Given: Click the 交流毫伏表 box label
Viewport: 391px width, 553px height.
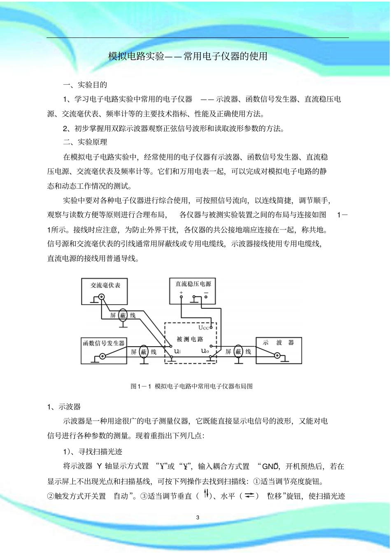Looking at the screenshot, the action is point(105,285).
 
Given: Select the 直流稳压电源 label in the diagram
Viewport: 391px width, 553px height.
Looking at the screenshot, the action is point(193,284).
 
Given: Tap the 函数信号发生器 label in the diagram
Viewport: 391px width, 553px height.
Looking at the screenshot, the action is point(104,343).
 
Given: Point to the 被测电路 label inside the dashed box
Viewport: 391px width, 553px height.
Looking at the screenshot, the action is point(190,339).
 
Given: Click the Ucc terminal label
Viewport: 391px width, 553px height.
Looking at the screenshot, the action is point(204,328).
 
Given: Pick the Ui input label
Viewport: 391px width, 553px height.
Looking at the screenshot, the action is point(177,351).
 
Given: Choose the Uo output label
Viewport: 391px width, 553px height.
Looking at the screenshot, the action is point(205,351).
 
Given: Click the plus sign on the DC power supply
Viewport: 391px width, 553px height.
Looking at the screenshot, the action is point(181,292).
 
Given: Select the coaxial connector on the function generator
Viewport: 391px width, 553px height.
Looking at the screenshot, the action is point(102,356).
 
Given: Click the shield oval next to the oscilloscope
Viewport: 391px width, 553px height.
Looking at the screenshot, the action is point(238,352).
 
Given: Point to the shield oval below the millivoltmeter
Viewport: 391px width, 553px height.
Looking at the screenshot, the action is point(123,315).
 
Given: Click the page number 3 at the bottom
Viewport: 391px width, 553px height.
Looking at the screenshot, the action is point(198,517).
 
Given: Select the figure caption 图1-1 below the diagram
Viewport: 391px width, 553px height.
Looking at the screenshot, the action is point(191,386).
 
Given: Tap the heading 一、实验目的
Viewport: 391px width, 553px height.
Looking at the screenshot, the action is point(85,85).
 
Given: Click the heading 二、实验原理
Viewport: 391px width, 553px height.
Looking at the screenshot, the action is point(85,142).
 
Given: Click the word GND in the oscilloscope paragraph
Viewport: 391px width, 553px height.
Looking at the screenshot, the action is point(270,466).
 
